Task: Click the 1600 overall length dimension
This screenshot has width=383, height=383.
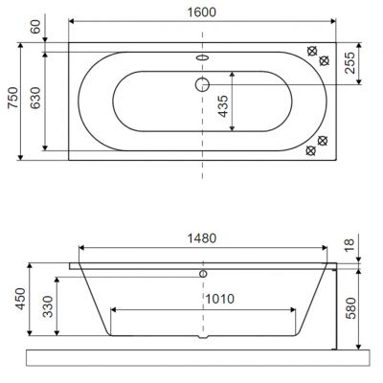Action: click(x=202, y=12)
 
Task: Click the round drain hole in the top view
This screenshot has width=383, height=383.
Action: click(x=202, y=83)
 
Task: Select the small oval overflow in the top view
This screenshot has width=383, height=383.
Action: click(x=202, y=56)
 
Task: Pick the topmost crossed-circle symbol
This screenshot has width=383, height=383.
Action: click(x=312, y=51)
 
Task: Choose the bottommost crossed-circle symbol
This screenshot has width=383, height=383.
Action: click(x=311, y=151)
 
